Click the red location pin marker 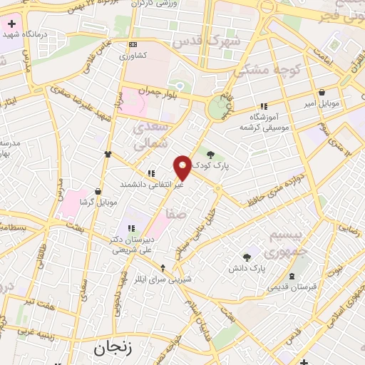click(x=183, y=167)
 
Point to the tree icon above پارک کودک click(x=210, y=152)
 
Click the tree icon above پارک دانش click(x=247, y=257)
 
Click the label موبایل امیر click(x=322, y=104)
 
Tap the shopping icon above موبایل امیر click(x=322, y=93)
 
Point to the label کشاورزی click(x=133, y=55)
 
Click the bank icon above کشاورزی click(x=133, y=44)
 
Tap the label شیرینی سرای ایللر click(x=165, y=280)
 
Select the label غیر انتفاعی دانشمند click(x=151, y=184)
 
